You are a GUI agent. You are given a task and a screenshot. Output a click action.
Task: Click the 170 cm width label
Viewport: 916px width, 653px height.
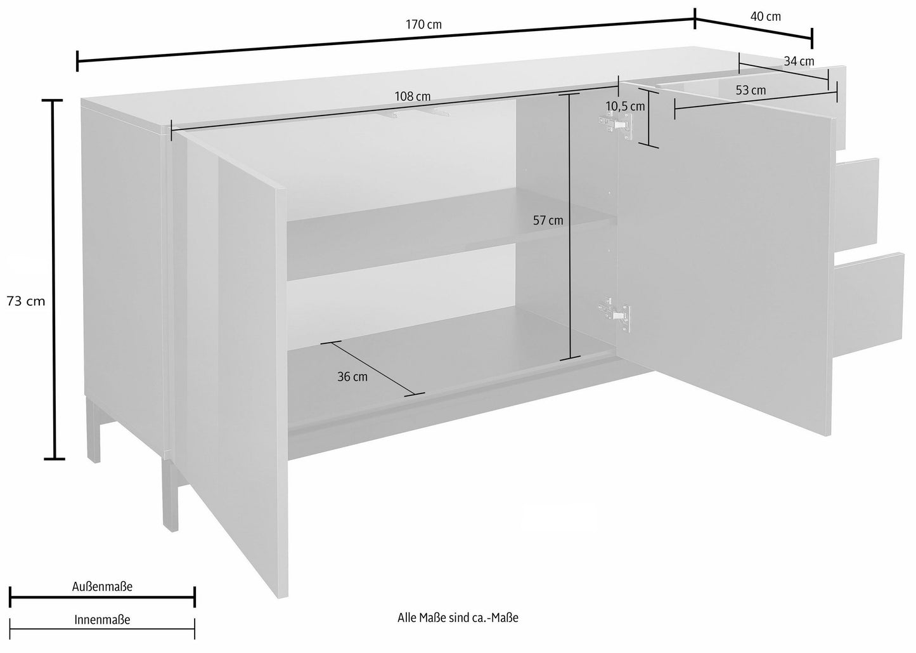[423, 25]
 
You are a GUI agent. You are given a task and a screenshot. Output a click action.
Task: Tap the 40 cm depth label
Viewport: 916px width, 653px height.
[766, 16]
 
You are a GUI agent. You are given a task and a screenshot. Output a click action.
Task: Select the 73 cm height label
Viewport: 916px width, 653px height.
[26, 301]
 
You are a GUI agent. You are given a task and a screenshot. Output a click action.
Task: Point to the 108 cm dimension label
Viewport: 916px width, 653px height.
[413, 96]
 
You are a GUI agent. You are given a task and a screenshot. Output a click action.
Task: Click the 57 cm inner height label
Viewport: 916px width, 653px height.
[548, 221]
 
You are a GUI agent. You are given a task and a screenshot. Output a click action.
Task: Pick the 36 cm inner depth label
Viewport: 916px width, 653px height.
[352, 377]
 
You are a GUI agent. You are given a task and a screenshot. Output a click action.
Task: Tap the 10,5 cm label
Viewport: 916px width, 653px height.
[625, 107]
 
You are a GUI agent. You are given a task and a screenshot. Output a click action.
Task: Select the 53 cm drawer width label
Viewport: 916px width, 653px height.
[751, 90]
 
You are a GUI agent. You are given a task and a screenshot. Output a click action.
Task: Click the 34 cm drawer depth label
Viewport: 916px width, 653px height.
[799, 62]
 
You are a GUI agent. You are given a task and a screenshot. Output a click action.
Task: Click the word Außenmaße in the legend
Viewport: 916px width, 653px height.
[102, 586]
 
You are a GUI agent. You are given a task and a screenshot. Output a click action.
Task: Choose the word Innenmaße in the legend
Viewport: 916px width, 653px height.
[102, 620]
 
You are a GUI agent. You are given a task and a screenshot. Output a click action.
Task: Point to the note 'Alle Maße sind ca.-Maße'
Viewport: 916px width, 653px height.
[458, 618]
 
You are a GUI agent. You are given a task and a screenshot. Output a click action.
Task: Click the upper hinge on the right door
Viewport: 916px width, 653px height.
[616, 124]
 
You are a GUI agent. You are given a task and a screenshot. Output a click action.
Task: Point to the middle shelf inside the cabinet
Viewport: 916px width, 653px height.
[450, 235]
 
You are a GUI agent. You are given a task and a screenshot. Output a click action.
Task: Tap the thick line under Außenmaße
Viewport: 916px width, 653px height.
[102, 597]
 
